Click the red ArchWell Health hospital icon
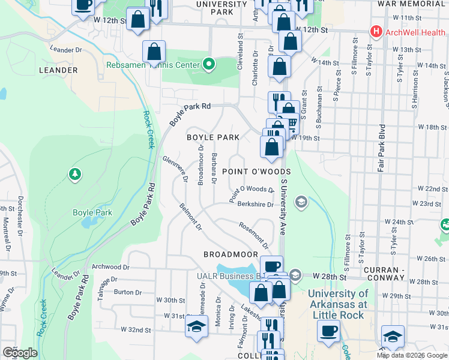[x=376, y=31]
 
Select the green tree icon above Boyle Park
[x=75, y=174]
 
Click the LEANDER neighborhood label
[x=58, y=70]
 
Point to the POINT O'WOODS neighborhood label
[x=256, y=172]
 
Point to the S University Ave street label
[x=282, y=206]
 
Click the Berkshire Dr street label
[x=255, y=204]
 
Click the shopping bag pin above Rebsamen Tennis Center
[x=154, y=51]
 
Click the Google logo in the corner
[x=20, y=353]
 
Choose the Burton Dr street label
[x=127, y=292]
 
